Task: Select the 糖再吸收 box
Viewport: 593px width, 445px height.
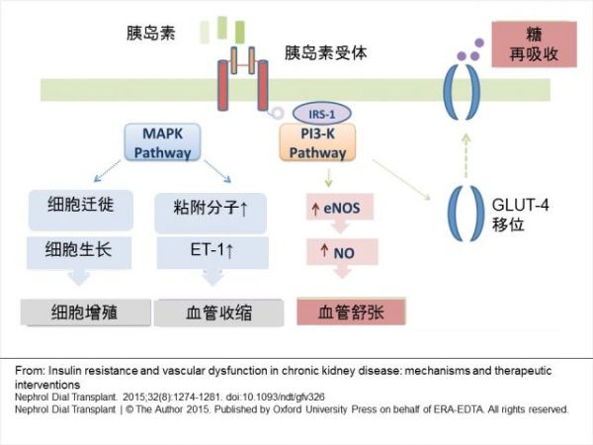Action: tap(534, 42)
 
